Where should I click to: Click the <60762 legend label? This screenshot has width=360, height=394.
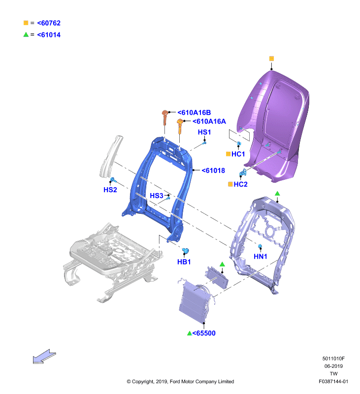(49, 23)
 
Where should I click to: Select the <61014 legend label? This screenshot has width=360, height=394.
(49, 34)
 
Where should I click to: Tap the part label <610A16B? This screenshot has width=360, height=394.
(194, 113)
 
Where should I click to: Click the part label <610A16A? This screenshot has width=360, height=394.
(209, 121)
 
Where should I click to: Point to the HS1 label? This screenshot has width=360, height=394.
(204, 132)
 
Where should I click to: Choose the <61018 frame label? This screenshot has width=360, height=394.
(213, 170)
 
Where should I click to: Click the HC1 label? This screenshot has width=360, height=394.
(238, 154)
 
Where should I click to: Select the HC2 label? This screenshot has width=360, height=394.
(240, 184)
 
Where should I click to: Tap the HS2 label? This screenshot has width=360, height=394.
(110, 190)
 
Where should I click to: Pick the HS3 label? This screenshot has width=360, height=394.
(157, 196)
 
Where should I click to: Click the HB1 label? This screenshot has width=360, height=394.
(184, 262)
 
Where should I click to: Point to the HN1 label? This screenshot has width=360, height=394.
(260, 256)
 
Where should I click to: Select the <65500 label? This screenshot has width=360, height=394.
(204, 333)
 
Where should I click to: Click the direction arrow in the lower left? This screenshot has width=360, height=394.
(44, 356)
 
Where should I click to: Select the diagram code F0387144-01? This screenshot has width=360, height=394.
(333, 381)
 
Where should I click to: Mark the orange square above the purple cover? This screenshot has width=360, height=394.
(271, 59)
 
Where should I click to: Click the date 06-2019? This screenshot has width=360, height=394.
(333, 366)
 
